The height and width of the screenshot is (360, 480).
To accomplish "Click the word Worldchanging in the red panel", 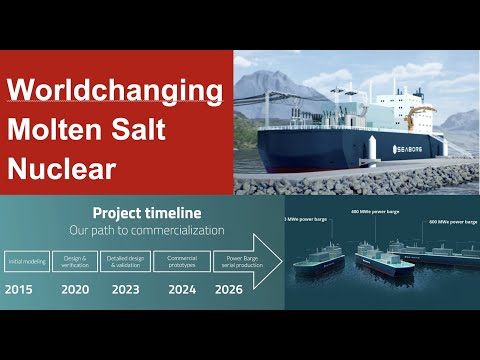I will coord(114,93).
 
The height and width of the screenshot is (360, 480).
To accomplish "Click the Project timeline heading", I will coord(147,213).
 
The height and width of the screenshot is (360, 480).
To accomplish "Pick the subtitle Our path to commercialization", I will coord(147,229).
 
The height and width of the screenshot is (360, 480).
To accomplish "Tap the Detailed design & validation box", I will coord(129,262).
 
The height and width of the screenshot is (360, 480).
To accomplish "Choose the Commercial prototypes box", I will coord(184,262).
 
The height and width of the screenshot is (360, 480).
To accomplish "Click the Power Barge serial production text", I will coord(236,262).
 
